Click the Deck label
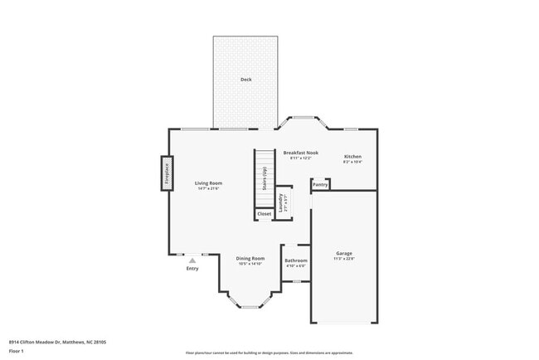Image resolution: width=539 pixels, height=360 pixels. [x=245, y=80]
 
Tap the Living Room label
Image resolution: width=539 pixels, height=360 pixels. [x=208, y=183]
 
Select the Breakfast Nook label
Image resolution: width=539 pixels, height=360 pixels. [x=300, y=153]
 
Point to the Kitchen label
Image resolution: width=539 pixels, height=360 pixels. [x=352, y=157]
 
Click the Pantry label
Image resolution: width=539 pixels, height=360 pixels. [x=320, y=185]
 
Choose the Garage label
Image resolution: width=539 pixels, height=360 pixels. [x=344, y=253]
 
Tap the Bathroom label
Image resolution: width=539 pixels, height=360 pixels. [x=296, y=260]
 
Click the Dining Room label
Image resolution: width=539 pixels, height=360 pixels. [x=250, y=258]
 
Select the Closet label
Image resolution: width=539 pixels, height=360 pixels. [x=264, y=214]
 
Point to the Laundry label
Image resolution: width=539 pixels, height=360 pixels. [x=282, y=202]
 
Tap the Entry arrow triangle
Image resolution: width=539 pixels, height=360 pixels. [x=192, y=260]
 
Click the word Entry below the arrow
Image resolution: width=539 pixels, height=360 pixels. [x=192, y=269]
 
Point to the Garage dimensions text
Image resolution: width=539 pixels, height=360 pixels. [x=344, y=259]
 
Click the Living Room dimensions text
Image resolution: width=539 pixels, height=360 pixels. [x=208, y=189]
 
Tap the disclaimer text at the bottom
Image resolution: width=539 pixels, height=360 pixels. [x=269, y=353]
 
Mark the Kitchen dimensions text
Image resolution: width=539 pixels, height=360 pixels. [x=352, y=163]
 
